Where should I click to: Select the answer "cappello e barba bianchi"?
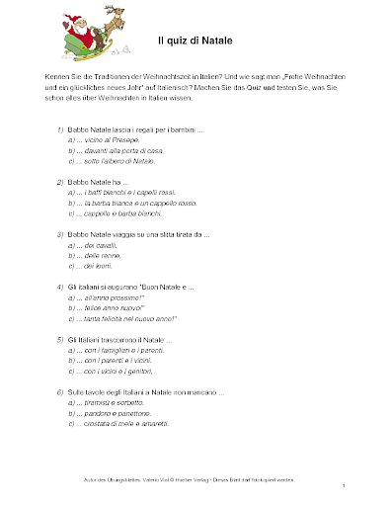115,211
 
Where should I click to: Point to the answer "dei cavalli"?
95,244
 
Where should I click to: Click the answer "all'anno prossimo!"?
107,296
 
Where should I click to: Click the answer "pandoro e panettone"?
110,411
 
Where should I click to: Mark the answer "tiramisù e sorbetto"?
108,401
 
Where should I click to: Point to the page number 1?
343,487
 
